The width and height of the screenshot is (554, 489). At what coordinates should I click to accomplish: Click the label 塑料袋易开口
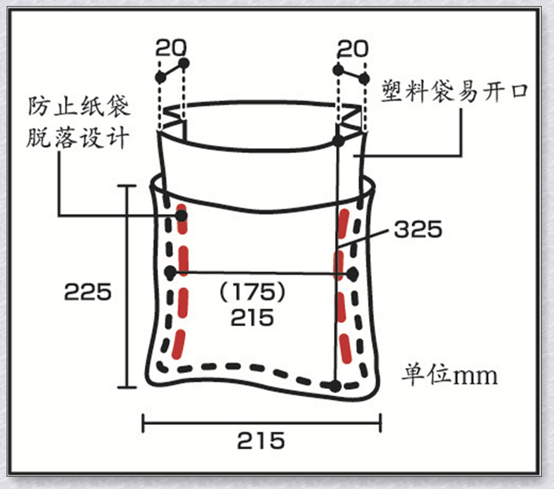pyautogui.click(x=454, y=92)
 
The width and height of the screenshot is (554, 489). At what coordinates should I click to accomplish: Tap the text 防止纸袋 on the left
pyautogui.click(x=79, y=108)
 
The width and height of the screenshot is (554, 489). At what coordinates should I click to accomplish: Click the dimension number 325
pyautogui.click(x=418, y=230)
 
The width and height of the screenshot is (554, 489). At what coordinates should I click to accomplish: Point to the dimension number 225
pyautogui.click(x=88, y=291)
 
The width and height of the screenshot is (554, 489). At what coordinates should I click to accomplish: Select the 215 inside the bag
pyautogui.click(x=252, y=318)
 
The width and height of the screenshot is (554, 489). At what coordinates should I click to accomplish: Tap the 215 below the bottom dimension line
pyautogui.click(x=261, y=441)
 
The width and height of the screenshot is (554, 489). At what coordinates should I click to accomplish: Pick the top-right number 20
pyautogui.click(x=353, y=48)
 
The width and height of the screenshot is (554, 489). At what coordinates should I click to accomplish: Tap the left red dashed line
pyautogui.click(x=181, y=280)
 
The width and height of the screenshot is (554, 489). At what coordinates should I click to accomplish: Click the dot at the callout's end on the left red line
pyautogui.click(x=181, y=216)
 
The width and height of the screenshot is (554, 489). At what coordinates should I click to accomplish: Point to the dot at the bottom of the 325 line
pyautogui.click(x=335, y=385)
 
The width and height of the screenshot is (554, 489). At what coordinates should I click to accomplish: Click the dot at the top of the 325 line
pyautogui.click(x=338, y=140)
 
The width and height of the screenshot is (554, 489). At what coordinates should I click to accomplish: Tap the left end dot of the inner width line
pyautogui.click(x=170, y=272)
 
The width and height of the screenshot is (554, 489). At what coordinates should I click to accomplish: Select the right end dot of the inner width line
pyautogui.click(x=351, y=273)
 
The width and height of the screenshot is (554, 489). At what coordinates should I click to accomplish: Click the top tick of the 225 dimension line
pyautogui.click(x=127, y=186)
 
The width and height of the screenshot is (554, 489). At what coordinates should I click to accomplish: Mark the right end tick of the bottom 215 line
pyautogui.click(x=380, y=423)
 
